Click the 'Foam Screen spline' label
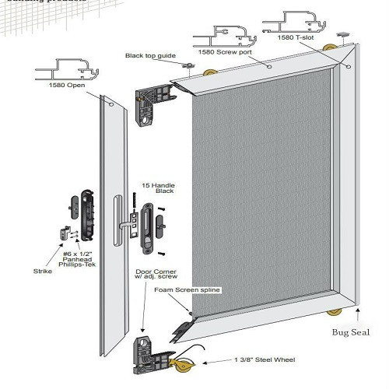click(187, 289)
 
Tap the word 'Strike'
click(44, 272)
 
